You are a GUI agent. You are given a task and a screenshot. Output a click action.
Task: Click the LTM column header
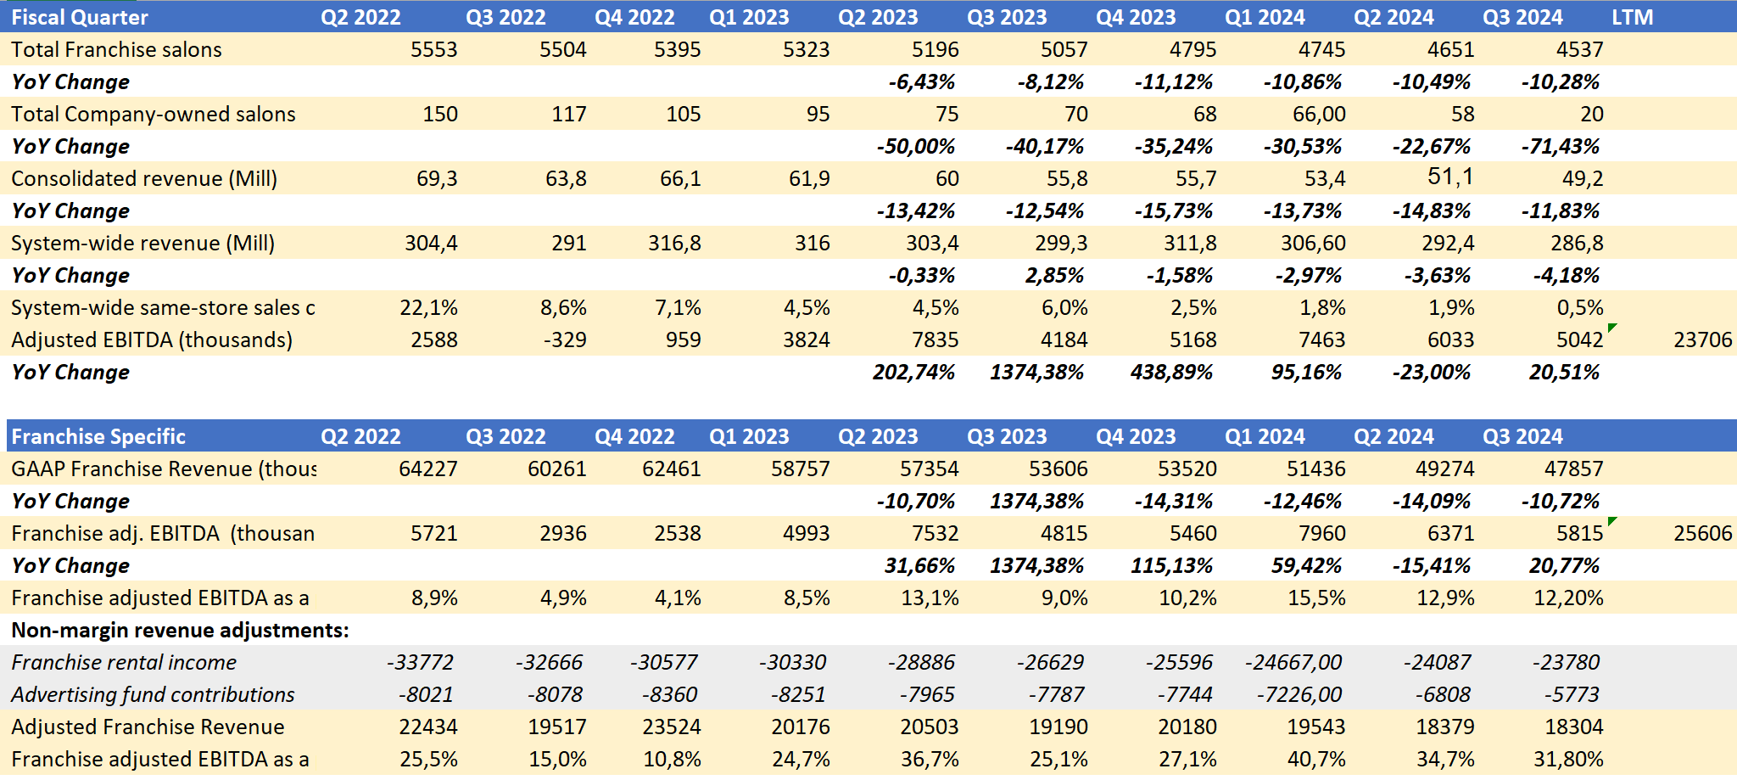click(1632, 17)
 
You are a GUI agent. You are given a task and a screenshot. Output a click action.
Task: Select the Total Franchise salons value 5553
click(433, 49)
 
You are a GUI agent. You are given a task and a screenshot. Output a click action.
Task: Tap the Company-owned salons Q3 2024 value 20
click(1591, 114)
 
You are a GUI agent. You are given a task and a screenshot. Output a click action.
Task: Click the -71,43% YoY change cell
click(1560, 146)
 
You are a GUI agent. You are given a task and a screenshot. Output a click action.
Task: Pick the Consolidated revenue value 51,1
click(1450, 177)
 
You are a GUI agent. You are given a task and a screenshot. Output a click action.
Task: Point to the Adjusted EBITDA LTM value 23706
click(1702, 339)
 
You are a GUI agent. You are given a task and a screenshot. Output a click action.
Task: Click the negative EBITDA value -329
click(564, 339)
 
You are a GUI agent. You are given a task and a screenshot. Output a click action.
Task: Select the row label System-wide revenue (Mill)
click(142, 244)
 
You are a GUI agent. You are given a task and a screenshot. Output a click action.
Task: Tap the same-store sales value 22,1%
click(428, 307)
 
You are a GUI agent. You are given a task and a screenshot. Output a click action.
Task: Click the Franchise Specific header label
click(98, 436)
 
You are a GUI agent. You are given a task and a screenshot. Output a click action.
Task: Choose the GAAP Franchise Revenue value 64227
click(427, 469)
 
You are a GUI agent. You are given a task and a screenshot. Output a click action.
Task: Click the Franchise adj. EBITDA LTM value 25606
click(1702, 533)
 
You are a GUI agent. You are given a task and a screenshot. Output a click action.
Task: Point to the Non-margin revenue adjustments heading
click(180, 630)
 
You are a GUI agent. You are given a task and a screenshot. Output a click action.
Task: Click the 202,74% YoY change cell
click(913, 372)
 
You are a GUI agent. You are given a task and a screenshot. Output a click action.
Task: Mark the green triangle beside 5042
click(1612, 328)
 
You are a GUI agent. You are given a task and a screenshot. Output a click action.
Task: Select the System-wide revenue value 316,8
click(674, 244)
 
